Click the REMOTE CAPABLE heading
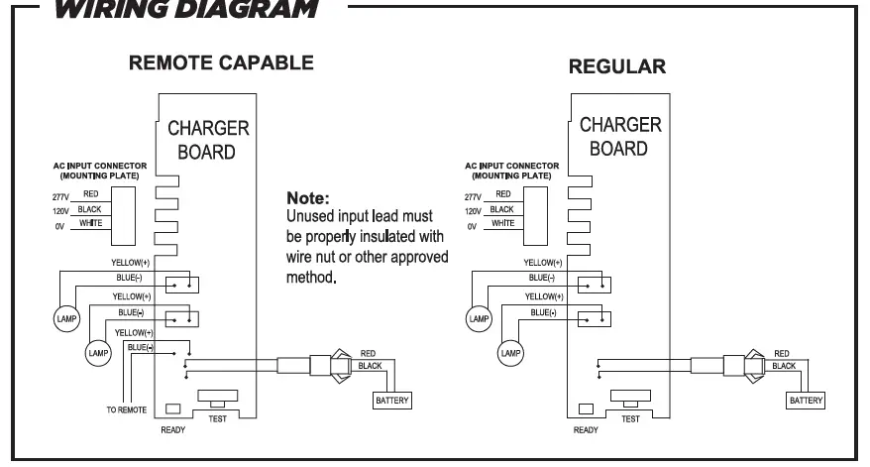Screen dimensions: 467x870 [222, 63]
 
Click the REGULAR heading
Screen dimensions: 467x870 [617, 66]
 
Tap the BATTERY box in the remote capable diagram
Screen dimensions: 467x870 [390, 401]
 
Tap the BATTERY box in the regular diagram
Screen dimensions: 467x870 [806, 401]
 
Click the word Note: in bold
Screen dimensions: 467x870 [306, 198]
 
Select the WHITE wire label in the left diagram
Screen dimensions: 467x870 [90, 223]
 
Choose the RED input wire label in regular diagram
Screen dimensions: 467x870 [503, 194]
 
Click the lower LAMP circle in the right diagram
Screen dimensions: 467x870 [509, 352]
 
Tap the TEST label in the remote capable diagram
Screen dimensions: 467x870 [216, 418]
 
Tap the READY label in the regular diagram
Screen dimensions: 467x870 [586, 430]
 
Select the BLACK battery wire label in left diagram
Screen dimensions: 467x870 [370, 366]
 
